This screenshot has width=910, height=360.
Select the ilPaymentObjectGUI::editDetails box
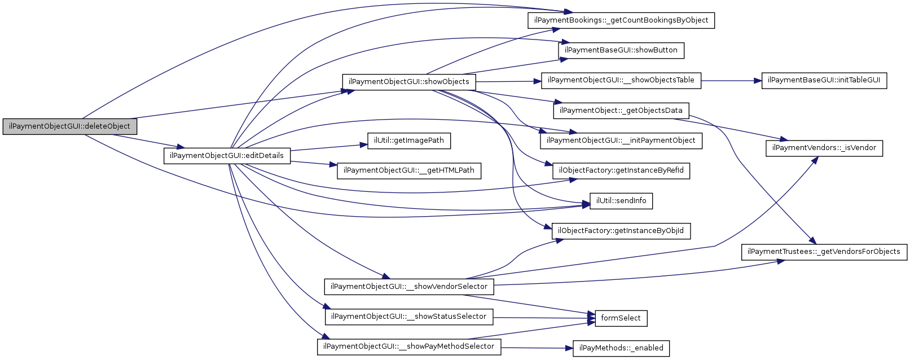227,156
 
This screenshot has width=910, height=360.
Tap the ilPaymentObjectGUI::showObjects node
408,82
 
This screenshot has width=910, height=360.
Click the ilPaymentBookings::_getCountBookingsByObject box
621,20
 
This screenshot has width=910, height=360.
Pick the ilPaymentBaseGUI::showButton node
621,50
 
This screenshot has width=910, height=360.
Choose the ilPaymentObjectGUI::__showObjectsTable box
621,80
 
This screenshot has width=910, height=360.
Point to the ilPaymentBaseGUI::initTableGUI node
824,80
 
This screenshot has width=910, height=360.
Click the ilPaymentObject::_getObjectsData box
621,111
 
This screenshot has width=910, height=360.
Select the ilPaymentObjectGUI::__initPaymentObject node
621,141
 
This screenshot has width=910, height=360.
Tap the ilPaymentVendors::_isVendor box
824,148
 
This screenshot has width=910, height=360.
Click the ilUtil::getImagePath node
408,141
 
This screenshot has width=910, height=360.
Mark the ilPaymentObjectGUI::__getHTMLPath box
408,170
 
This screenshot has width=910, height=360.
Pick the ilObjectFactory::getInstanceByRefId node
621,170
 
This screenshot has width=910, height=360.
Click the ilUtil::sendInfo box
621,201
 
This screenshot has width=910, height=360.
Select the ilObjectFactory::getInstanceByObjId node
621,231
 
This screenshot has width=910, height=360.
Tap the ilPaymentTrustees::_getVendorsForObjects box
824,252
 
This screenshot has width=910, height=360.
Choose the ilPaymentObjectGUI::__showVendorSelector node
408,287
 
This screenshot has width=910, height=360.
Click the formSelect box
621,318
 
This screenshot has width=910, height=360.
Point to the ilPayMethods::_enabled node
621,348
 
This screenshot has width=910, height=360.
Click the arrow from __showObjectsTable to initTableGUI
731,81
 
